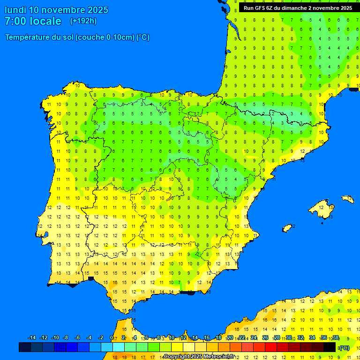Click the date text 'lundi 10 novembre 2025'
[56, 10]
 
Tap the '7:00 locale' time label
[33, 21]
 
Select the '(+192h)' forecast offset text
[83, 21]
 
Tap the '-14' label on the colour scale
[32, 338]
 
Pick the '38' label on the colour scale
[336, 338]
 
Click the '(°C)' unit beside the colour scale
[345, 348]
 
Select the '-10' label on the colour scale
[55, 338]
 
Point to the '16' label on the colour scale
[207, 338]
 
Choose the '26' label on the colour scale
[265, 338]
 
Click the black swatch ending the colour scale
[330, 347]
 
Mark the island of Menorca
[348, 199]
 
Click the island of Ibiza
[287, 228]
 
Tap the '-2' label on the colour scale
[100, 338]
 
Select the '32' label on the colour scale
[300, 338]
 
